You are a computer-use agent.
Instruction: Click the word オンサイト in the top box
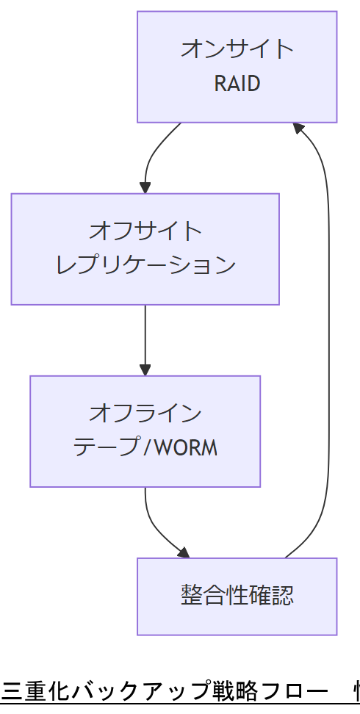[x=237, y=49]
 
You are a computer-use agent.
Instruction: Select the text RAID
[x=237, y=84]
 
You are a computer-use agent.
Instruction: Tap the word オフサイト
[x=145, y=231]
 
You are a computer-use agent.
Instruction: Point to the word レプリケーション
[x=145, y=265]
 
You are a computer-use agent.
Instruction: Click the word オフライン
[x=145, y=413]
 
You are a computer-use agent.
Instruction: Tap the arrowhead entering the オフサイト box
[x=145, y=187]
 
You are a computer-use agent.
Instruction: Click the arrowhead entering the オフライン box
[x=145, y=369]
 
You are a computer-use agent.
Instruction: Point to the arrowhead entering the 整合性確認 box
[x=183, y=552]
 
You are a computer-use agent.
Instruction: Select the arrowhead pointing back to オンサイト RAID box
[x=298, y=128]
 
